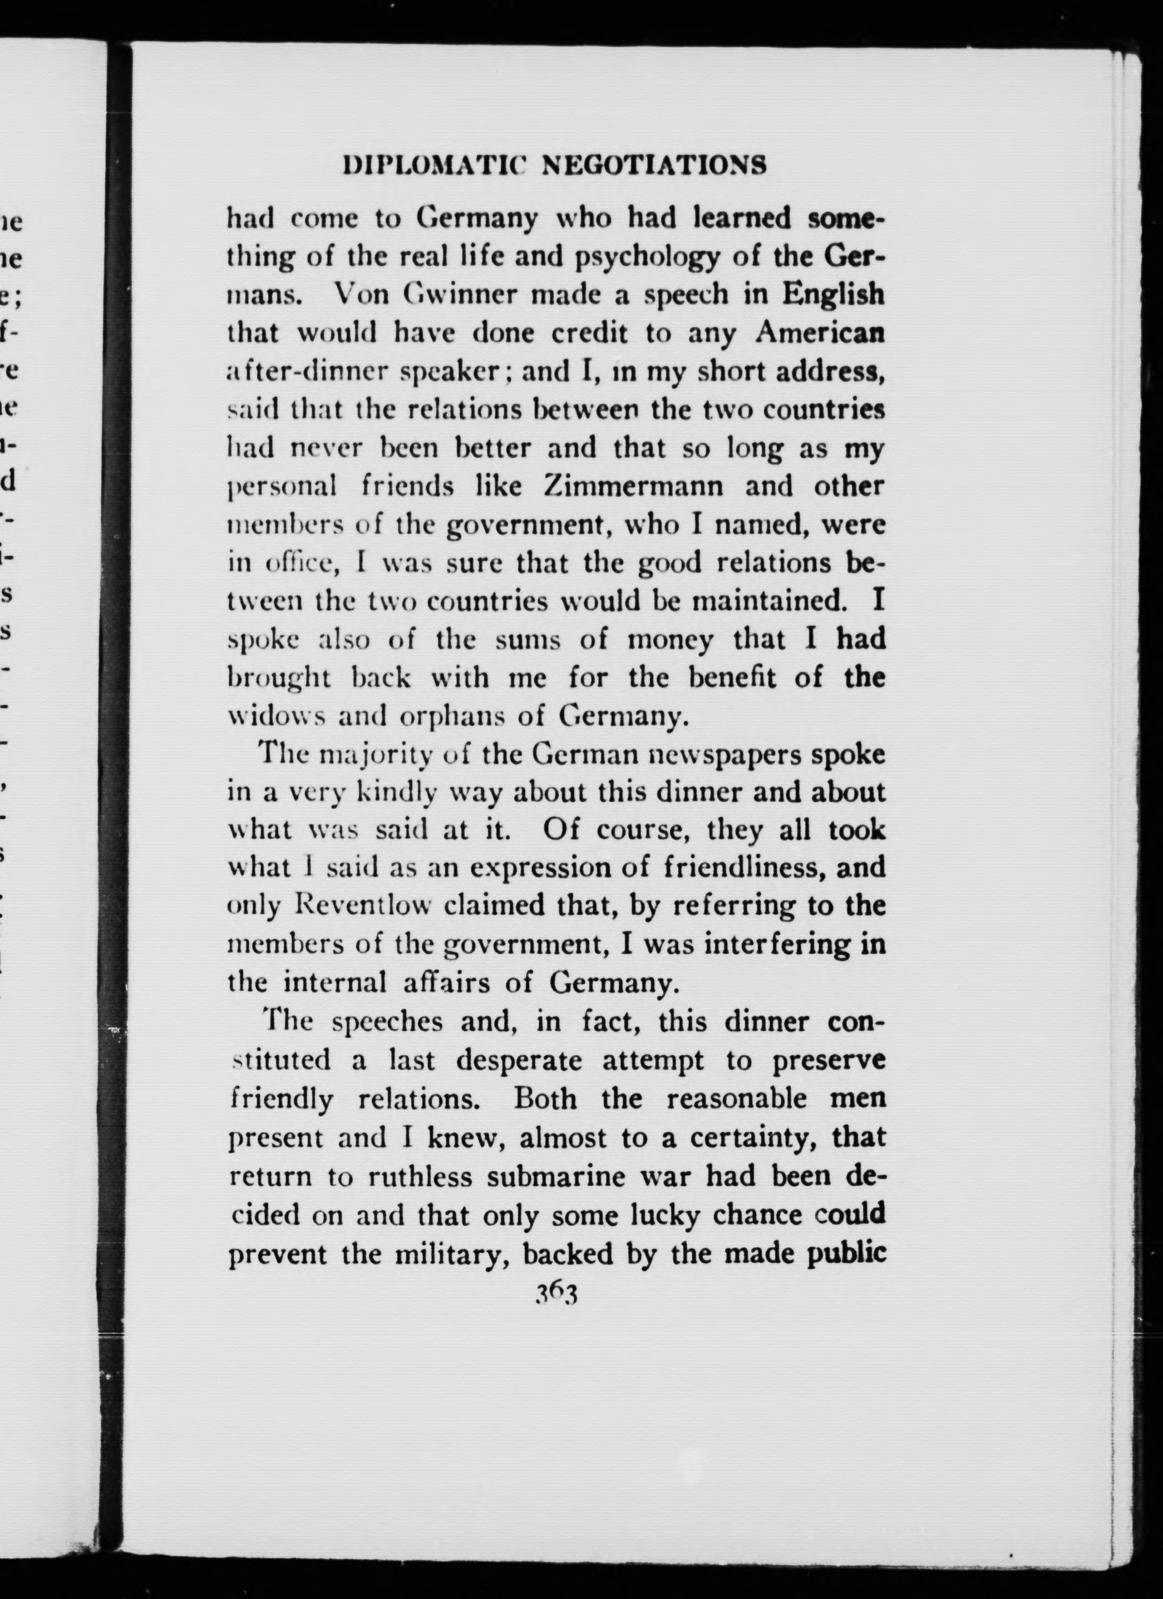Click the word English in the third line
coord(832,295)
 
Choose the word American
coord(820,333)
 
